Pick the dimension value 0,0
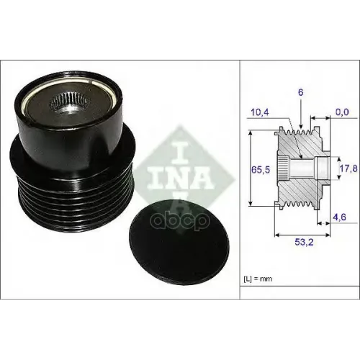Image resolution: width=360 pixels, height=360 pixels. point(341,112)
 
